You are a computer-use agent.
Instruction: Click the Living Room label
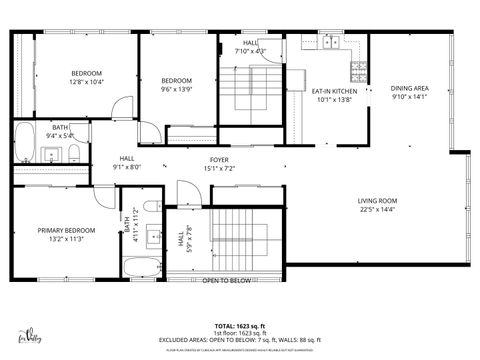[x=377, y=202]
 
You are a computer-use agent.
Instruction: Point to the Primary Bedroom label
[x=66, y=230]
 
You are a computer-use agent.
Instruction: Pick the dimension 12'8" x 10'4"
[x=88, y=83]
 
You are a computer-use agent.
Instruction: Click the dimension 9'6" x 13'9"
[x=177, y=89]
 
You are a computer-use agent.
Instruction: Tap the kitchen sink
[x=329, y=42]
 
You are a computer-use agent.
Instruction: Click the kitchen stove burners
[x=357, y=71]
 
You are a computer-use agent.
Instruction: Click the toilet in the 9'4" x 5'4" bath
[x=74, y=152]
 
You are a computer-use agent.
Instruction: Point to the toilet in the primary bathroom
[x=151, y=207]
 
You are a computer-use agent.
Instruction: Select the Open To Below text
[x=226, y=281]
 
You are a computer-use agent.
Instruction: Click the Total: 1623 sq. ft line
[x=239, y=326]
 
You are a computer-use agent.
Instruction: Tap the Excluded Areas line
[x=239, y=339]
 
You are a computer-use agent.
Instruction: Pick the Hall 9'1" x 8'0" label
[x=127, y=163]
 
